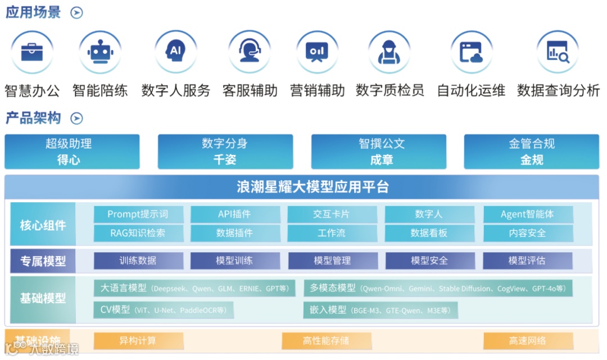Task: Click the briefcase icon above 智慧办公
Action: [x=32, y=52]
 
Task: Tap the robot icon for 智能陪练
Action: [x=100, y=52]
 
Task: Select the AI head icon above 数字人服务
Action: [x=176, y=52]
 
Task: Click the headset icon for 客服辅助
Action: [x=250, y=52]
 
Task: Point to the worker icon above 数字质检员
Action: [x=389, y=52]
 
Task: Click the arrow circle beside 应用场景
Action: [x=77, y=13]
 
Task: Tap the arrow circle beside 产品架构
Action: [x=77, y=119]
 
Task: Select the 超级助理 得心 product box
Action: [x=72, y=152]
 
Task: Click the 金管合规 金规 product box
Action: [x=531, y=152]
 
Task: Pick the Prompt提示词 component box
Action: [x=138, y=214]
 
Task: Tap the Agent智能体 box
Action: [x=527, y=214]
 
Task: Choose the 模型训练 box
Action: [x=234, y=261]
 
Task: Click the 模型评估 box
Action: [x=527, y=261]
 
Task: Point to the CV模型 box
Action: [x=164, y=309]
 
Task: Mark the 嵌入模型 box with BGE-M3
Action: [x=380, y=309]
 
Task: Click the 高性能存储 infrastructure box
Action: [x=326, y=341]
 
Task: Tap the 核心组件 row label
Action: [x=43, y=225]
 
